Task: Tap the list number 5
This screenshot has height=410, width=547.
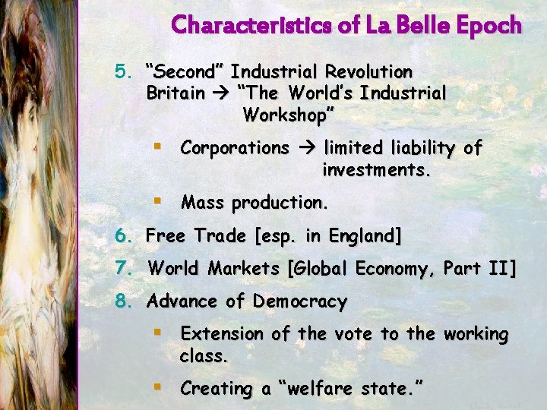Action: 123,73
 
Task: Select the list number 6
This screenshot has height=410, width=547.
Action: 123,236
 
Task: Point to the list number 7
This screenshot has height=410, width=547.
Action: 123,269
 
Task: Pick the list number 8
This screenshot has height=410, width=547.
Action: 123,301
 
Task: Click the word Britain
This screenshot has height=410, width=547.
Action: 175,94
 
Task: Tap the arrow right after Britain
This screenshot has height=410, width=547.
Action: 221,94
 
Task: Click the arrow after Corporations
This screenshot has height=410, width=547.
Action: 307,148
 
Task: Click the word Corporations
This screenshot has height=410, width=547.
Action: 235,148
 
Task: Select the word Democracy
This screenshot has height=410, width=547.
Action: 300,301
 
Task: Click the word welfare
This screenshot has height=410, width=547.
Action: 326,389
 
